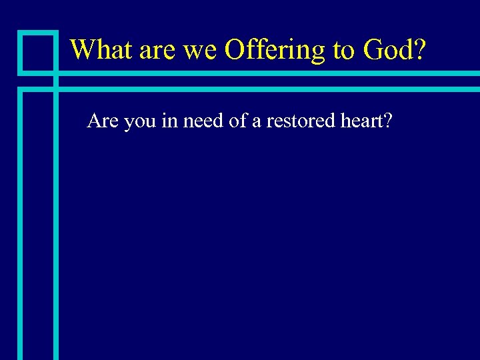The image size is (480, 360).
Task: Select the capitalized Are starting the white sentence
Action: tap(102, 121)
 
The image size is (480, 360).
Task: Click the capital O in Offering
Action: tap(237, 49)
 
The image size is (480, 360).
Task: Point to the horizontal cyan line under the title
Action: tap(267, 73)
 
